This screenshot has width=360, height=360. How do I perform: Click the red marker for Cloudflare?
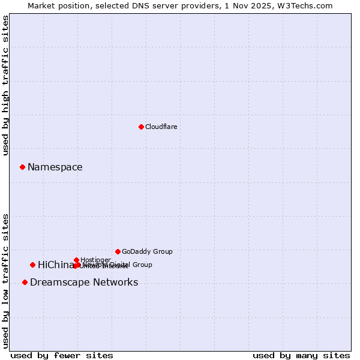pyautogui.click(x=141, y=127)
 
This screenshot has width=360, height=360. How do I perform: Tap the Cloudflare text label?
pyautogui.click(x=161, y=127)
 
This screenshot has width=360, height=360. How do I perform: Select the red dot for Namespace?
pyautogui.click(x=22, y=167)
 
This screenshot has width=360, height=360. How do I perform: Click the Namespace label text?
pyautogui.click(x=55, y=167)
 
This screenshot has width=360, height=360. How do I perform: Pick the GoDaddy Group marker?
pyautogui.click(x=118, y=251)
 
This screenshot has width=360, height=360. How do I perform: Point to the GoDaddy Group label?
pyautogui.click(x=147, y=251)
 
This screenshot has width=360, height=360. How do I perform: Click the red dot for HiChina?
pyautogui.click(x=32, y=265)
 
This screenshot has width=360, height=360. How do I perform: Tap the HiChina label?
pyautogui.click(x=55, y=265)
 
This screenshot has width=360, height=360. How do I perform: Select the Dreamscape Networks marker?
pyautogui.click(x=25, y=282)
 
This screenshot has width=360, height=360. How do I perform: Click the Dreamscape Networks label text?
pyautogui.click(x=84, y=282)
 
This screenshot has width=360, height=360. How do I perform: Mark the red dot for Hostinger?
pyautogui.click(x=76, y=260)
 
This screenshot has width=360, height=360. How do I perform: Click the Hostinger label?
pyautogui.click(x=95, y=260)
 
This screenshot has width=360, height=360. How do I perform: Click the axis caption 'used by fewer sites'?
pyautogui.click(x=62, y=355)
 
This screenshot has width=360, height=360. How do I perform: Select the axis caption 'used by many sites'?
pyautogui.click(x=301, y=355)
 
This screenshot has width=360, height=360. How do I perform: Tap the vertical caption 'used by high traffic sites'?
pyautogui.click(x=5, y=85)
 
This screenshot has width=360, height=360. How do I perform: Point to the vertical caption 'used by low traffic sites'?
pyautogui.click(x=5, y=280)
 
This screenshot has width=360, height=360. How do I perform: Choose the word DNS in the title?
pyautogui.click(x=136, y=5)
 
